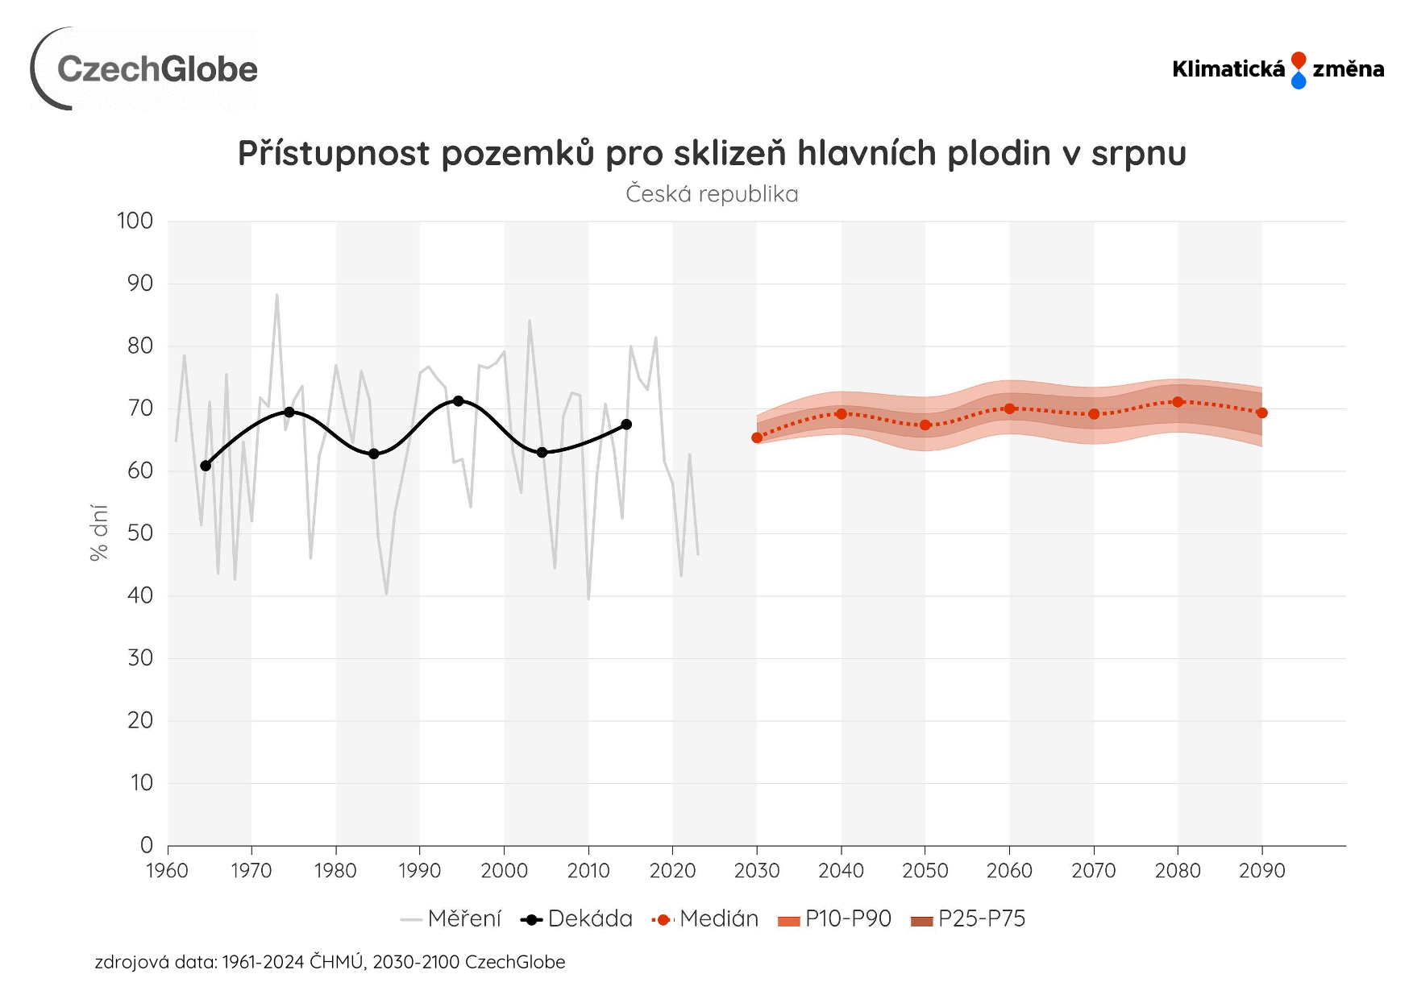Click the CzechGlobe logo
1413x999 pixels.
(145, 69)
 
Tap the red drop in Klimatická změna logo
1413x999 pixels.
(1298, 60)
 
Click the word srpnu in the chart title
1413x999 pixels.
(1138, 153)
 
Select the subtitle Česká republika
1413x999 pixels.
(712, 194)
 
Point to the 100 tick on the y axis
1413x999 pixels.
(135, 221)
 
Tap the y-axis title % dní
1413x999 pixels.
(98, 532)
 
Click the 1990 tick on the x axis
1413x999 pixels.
(419, 871)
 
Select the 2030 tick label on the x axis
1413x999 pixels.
(757, 871)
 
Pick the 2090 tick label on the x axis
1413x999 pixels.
(1261, 871)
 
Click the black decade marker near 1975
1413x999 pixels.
(289, 412)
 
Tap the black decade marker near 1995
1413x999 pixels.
(458, 400)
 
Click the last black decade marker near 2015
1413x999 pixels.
(626, 425)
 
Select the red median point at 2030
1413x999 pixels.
(757, 437)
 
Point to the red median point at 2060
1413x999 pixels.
(1009, 408)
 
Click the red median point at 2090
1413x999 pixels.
(1261, 412)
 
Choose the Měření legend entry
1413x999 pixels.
(451, 919)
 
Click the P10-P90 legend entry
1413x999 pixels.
(835, 919)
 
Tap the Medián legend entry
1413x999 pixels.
(706, 919)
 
